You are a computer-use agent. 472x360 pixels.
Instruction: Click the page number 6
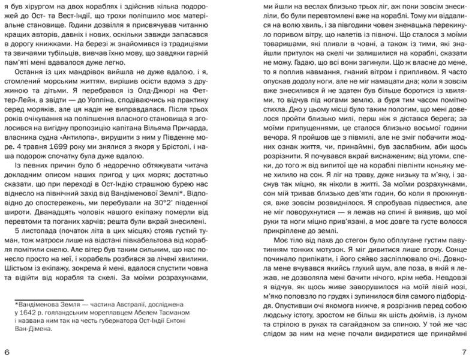pos(7,351)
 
